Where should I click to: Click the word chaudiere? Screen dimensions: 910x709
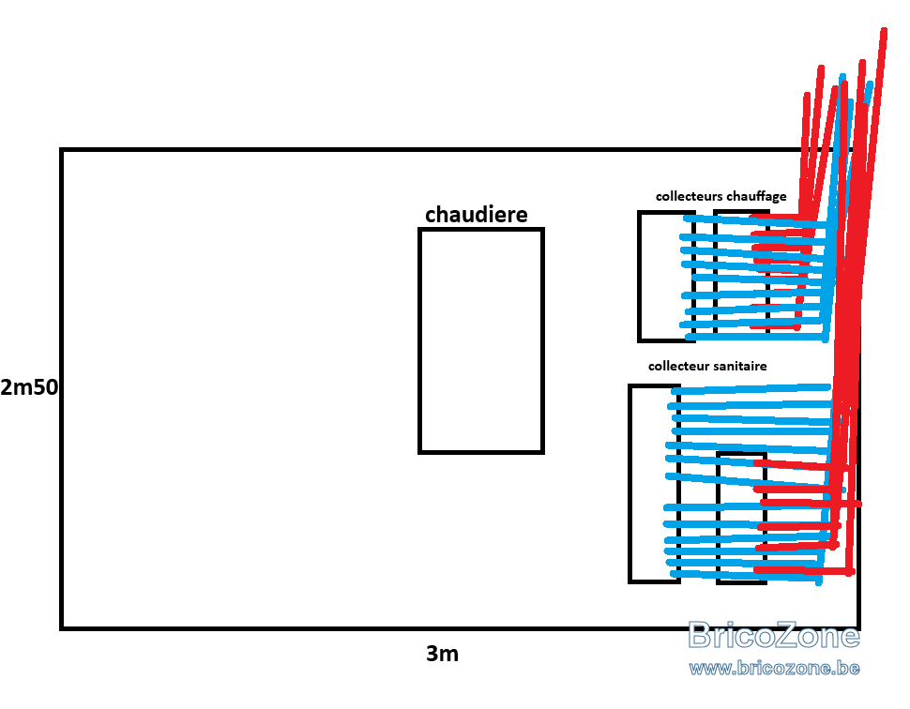click(477, 215)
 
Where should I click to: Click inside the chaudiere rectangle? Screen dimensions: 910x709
click(481, 340)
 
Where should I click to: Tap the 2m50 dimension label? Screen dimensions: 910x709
click(29, 387)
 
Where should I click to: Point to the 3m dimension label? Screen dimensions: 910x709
click(442, 654)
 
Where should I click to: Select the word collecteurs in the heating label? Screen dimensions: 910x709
click(689, 196)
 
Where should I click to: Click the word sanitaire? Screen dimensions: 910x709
click(740, 366)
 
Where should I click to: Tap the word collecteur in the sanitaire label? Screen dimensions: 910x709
click(678, 366)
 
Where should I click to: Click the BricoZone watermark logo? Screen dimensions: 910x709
click(774, 634)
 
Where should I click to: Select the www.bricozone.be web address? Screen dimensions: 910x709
click(774, 668)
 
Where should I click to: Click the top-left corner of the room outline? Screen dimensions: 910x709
click(62, 150)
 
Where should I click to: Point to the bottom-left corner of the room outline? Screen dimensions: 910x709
click(62, 628)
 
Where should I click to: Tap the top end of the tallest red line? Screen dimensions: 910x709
click(884, 30)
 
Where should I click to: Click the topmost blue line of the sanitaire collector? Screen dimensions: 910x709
click(751, 389)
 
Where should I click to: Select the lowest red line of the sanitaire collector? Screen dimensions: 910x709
click(804, 571)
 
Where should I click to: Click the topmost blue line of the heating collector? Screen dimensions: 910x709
click(754, 220)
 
